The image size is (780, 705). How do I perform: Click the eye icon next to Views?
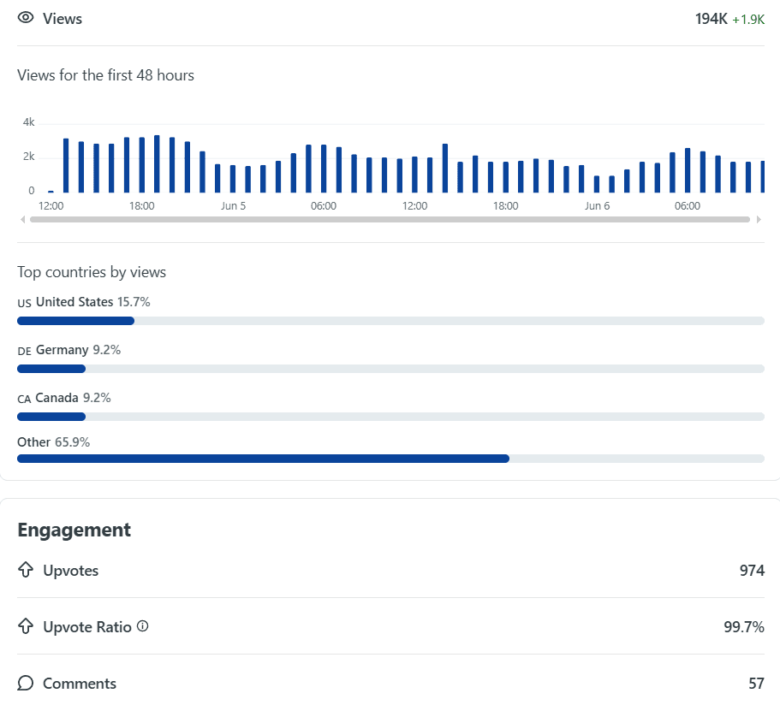(26, 18)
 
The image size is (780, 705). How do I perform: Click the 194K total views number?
(711, 19)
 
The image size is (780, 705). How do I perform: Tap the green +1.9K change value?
(748, 20)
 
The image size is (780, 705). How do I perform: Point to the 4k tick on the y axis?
(29, 122)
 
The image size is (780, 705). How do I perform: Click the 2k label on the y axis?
(29, 157)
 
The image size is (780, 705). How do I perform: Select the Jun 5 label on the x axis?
(233, 206)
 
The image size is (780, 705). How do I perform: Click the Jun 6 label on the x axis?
(597, 206)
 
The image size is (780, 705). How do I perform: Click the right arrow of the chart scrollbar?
(759, 219)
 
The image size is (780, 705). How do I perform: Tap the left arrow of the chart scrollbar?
(22, 219)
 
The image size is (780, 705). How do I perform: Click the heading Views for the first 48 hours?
(105, 75)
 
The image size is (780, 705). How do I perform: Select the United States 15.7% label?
(93, 302)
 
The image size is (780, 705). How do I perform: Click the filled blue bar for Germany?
(51, 369)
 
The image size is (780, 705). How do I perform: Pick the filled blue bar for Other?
(263, 459)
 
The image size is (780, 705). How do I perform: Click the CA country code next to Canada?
(24, 399)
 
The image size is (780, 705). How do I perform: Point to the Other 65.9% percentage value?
(72, 442)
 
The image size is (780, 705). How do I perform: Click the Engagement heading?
(74, 530)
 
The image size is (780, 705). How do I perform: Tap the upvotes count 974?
(752, 571)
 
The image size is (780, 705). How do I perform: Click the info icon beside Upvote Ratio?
(143, 626)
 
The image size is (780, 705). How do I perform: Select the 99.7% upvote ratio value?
(744, 627)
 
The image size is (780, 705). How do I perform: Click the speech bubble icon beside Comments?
(26, 683)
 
